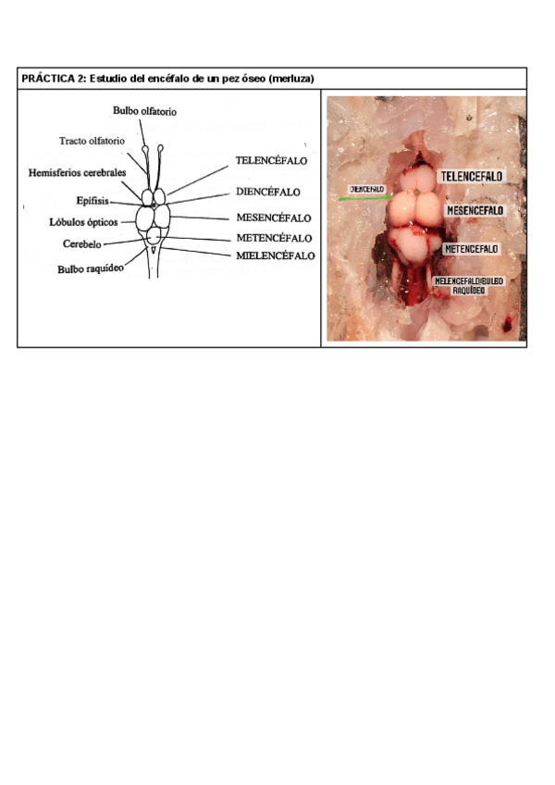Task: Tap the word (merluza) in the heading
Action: click(x=288, y=80)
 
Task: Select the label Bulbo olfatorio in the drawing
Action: click(x=144, y=111)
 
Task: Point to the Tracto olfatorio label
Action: click(x=92, y=142)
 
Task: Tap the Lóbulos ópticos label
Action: click(x=83, y=222)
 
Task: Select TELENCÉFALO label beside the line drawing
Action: click(x=272, y=160)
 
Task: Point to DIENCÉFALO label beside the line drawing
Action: click(x=268, y=193)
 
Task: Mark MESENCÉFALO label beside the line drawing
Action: click(x=275, y=219)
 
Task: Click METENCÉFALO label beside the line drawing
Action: click(x=274, y=238)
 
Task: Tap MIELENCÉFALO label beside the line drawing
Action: click(x=276, y=255)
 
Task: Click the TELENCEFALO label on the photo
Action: click(x=473, y=176)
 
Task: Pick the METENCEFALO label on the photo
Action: click(x=472, y=249)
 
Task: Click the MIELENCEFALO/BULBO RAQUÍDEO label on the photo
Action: click(x=471, y=285)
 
